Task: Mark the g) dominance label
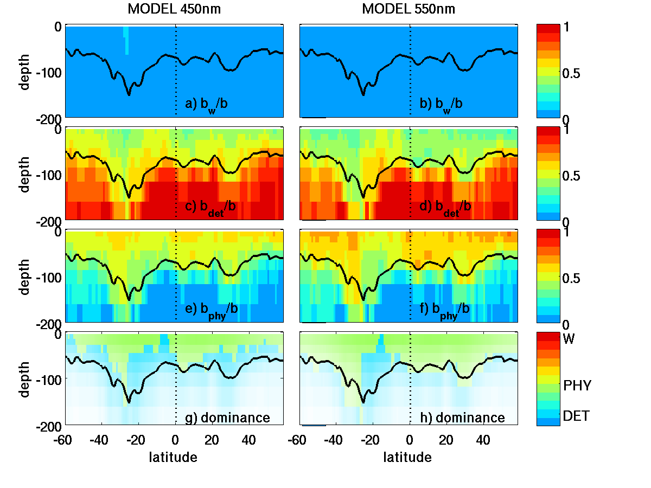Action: (x=228, y=418)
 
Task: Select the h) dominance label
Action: (x=463, y=418)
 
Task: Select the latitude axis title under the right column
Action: (x=407, y=458)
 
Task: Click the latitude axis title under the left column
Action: (x=173, y=458)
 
